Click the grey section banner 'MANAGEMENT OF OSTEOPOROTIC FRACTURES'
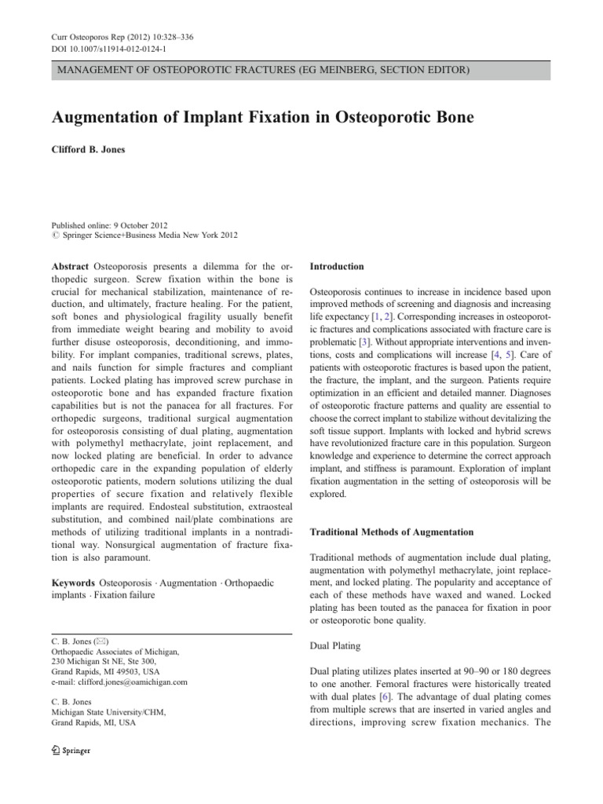[x=259, y=71]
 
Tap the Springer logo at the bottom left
[x=70, y=750]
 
